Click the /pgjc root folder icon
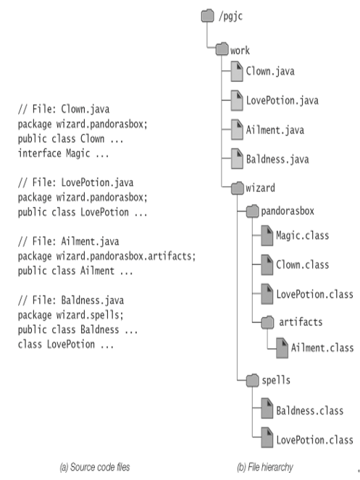click(207, 16)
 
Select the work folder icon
click(222, 49)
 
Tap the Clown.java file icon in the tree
click(237, 72)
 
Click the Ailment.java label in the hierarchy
click(275, 130)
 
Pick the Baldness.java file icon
click(237, 159)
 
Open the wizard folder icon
click(237, 188)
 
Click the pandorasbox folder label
click(288, 211)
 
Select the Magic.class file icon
click(267, 236)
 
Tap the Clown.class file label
click(302, 264)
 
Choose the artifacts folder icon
click(267, 323)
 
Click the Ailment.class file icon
click(282, 348)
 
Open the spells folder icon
click(253, 381)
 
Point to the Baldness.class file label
click(310, 410)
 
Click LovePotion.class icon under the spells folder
click(267, 438)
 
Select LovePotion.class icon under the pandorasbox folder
click(267, 294)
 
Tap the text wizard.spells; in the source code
click(90, 315)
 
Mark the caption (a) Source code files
click(95, 467)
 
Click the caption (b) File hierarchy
click(265, 467)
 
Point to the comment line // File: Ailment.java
click(68, 241)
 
